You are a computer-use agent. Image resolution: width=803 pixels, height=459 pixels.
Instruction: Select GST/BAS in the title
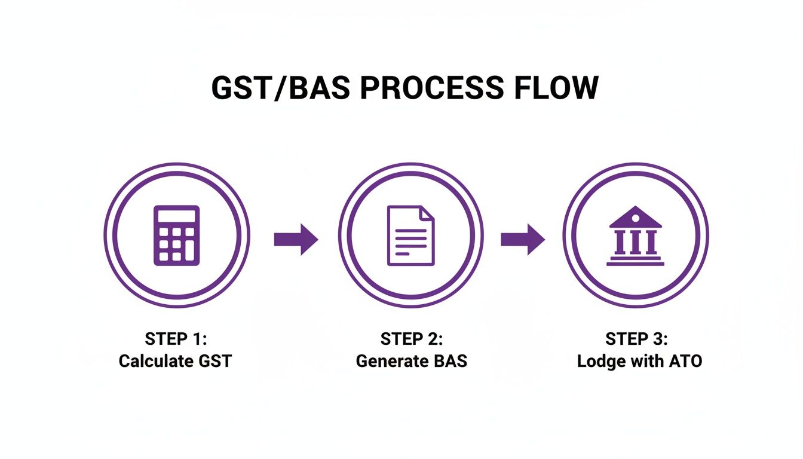click(x=280, y=88)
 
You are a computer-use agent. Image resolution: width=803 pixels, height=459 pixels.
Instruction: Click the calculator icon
click(x=177, y=235)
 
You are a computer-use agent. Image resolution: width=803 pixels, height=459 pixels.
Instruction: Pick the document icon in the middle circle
click(x=410, y=235)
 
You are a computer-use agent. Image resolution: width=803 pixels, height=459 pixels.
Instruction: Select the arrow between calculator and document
click(x=296, y=240)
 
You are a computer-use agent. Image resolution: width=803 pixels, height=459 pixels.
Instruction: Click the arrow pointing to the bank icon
click(x=523, y=240)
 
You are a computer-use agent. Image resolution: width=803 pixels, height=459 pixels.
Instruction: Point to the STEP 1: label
click(x=176, y=339)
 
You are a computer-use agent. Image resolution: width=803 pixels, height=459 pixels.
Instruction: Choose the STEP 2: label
click(x=412, y=339)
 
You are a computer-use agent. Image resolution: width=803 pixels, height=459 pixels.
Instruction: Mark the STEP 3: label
click(x=637, y=339)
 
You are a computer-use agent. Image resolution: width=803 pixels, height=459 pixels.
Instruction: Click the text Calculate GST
click(x=175, y=362)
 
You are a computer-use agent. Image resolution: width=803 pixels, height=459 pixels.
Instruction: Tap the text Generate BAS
click(x=412, y=362)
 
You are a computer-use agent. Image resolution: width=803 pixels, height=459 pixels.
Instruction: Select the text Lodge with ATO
click(x=639, y=362)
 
